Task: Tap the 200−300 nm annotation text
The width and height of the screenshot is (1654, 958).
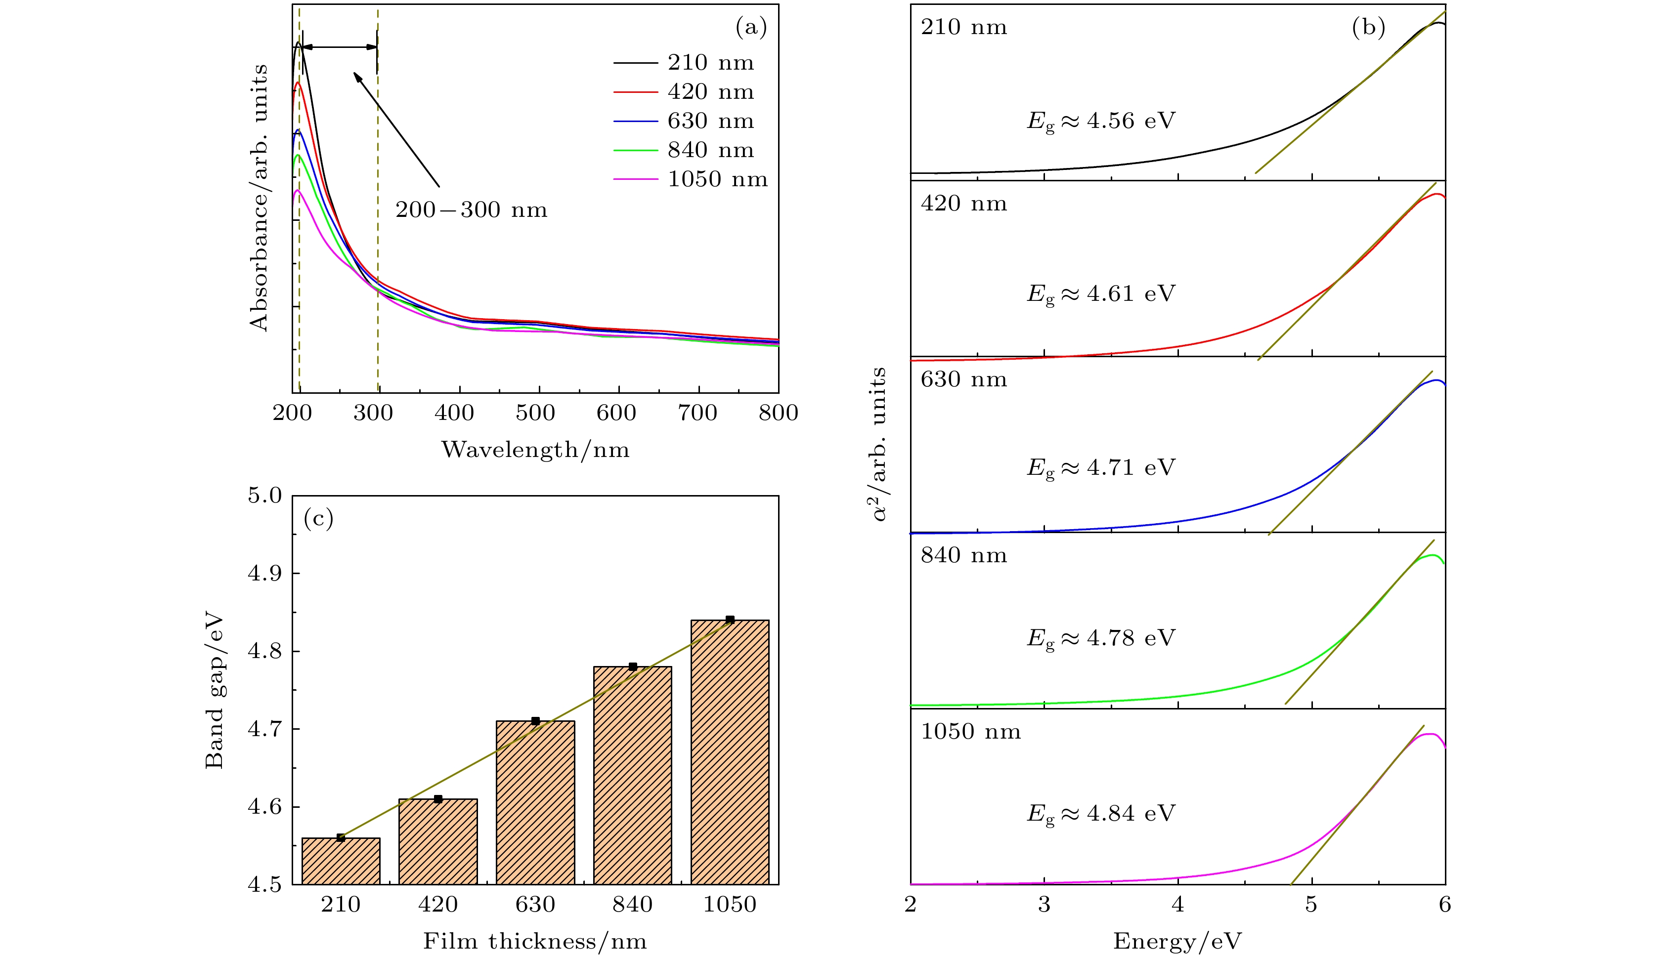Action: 471,210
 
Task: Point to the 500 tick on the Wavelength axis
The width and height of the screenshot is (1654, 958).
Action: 535,413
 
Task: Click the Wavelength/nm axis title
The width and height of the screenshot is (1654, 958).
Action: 535,450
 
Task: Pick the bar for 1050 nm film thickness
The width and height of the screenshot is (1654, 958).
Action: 730,752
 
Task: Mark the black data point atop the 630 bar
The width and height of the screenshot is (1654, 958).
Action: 535,721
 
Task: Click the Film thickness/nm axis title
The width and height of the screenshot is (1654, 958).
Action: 535,942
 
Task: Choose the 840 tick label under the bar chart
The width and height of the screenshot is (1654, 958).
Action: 633,905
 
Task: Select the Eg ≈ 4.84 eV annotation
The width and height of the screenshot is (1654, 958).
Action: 1101,814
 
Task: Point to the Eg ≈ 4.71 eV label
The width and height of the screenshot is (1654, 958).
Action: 1101,468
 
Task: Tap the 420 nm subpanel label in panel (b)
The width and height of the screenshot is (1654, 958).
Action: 963,204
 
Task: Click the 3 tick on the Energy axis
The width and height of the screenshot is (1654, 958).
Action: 1044,905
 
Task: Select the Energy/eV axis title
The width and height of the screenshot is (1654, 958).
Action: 1177,942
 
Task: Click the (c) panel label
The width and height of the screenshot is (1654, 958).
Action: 318,519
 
